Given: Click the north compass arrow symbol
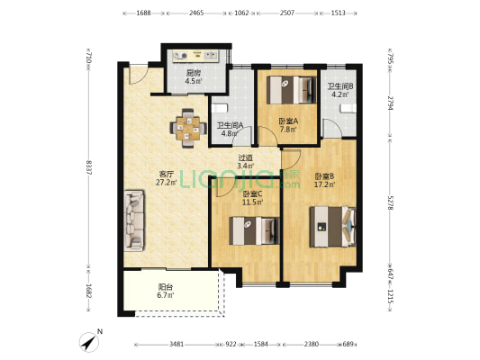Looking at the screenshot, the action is [89, 342].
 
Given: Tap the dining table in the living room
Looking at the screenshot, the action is [187, 129].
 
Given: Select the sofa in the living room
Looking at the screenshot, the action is [134, 220].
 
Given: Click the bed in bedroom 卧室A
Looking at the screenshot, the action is [292, 90].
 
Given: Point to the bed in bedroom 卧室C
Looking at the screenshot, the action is [254, 230].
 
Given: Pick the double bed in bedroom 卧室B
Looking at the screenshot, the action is [332, 227].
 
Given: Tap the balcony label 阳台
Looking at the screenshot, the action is [166, 287].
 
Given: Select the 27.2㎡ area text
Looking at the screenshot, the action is [167, 183].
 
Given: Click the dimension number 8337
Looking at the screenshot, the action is [89, 167].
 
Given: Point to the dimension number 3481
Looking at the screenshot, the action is [177, 345].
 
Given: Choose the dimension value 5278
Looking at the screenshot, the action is [390, 202].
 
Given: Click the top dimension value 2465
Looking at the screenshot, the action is [196, 13].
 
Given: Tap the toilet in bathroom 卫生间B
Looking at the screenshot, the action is [349, 108].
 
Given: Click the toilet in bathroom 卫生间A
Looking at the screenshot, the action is [220, 108].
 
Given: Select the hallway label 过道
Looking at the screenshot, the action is [246, 158].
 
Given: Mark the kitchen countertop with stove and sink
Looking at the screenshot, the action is [195, 56].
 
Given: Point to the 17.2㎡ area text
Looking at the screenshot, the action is [325, 184].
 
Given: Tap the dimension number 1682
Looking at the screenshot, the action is [89, 292].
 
